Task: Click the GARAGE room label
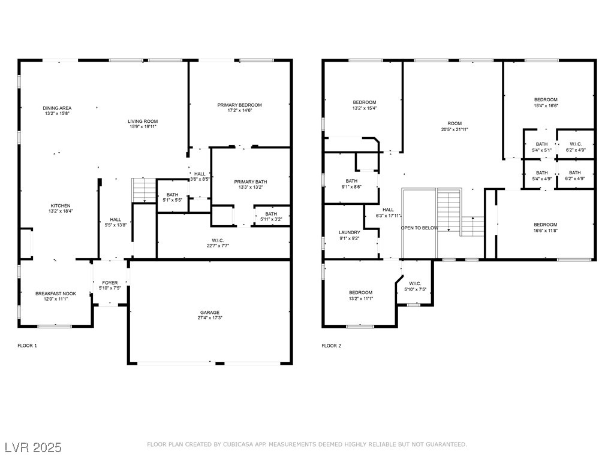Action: [210, 312]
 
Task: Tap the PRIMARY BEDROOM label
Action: [240, 105]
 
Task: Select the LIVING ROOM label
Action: [143, 121]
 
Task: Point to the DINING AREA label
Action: [57, 108]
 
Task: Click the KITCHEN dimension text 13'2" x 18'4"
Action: [61, 211]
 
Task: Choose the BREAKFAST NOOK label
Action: [56, 293]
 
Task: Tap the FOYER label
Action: [110, 283]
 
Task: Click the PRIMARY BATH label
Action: [251, 181]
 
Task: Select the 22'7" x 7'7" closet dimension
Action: [218, 246]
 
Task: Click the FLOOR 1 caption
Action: [28, 346]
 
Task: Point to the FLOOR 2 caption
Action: [331, 346]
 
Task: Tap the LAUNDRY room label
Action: [350, 232]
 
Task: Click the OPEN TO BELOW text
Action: [419, 228]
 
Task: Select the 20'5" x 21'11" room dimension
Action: [455, 129]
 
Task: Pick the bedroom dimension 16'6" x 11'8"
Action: [546, 231]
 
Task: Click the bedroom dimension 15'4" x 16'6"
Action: [546, 105]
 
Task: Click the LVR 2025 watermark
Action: [34, 447]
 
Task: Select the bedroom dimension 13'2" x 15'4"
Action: [365, 108]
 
